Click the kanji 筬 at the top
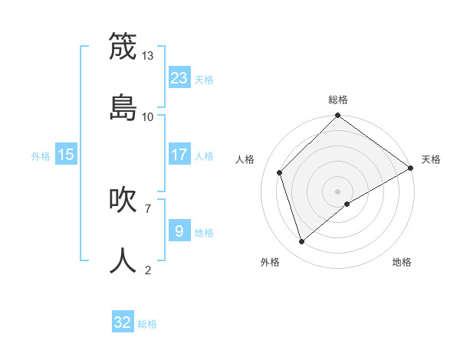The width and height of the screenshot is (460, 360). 123,47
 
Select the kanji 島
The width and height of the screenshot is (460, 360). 123,106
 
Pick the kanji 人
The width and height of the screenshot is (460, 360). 123,260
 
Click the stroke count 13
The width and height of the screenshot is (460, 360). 148,56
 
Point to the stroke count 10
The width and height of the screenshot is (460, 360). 148,116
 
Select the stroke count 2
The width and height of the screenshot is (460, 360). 147,270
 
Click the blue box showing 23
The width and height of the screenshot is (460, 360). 179,77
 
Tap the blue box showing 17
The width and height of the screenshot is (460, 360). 179,155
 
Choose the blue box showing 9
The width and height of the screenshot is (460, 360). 179,231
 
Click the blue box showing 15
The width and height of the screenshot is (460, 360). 66,155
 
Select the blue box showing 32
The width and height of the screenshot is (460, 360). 123,322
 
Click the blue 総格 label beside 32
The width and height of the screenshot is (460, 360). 147,324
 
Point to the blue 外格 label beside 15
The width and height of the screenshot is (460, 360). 41,156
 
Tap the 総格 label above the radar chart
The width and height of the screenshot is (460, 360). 337,100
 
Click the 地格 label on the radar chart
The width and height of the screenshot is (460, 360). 402,263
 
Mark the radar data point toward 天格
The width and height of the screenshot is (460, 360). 410,168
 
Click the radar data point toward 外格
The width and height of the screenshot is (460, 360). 302,241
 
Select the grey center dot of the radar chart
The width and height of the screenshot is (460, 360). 337,191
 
